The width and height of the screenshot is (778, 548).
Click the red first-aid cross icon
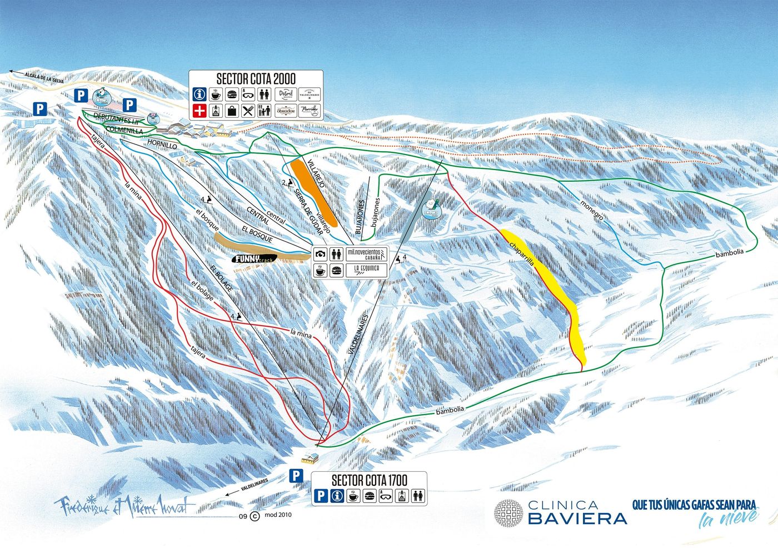(200, 110)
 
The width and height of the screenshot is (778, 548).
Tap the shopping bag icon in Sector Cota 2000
(232, 110)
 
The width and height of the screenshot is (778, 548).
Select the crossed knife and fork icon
(248, 110)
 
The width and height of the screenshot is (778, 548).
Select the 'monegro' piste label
(592, 209)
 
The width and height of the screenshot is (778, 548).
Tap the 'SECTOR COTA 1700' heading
(369, 480)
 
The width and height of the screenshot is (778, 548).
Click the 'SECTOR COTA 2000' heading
(256, 78)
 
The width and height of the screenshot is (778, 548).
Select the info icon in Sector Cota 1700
(336, 496)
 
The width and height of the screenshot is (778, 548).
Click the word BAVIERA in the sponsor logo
(577, 519)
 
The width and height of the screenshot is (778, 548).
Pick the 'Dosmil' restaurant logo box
(286, 94)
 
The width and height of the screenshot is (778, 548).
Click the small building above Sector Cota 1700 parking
(309, 458)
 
